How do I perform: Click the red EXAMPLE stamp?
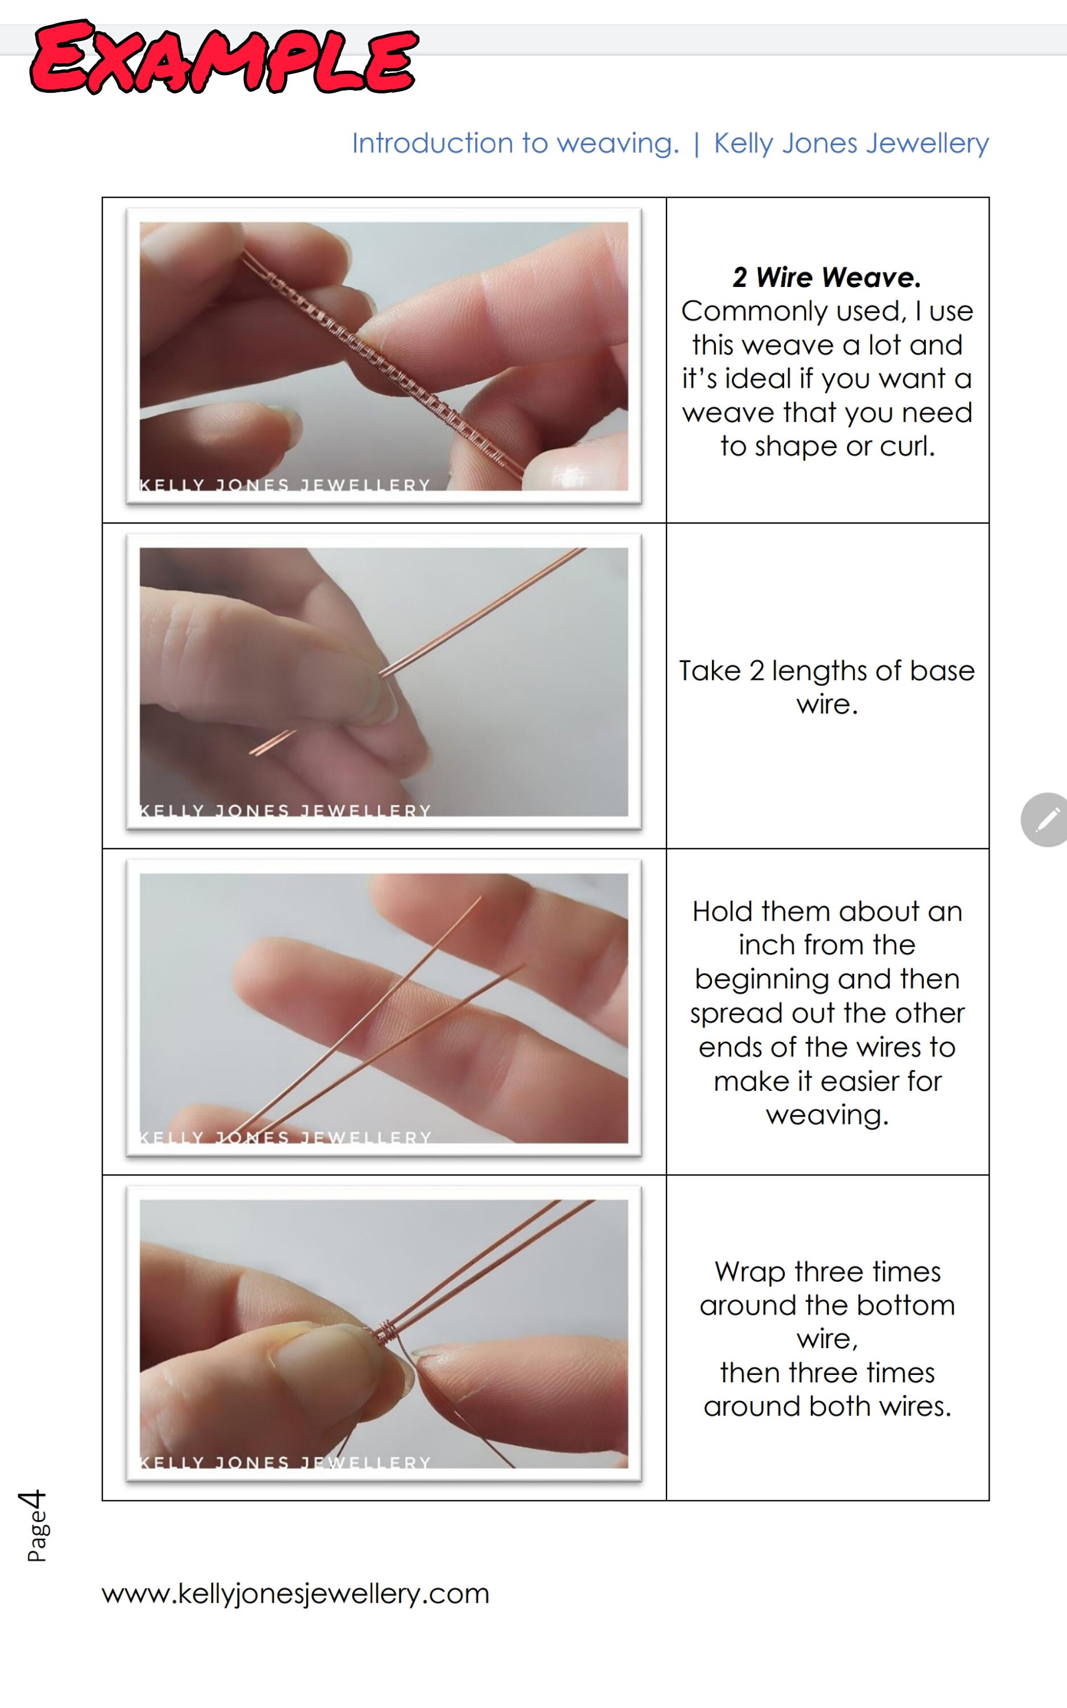(224, 58)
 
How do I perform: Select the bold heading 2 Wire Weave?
(826, 277)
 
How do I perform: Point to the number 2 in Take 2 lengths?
(756, 671)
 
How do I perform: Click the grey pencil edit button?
(1047, 819)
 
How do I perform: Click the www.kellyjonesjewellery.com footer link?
(295, 1593)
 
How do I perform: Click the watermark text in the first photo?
(285, 485)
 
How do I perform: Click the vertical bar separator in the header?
(697, 143)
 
